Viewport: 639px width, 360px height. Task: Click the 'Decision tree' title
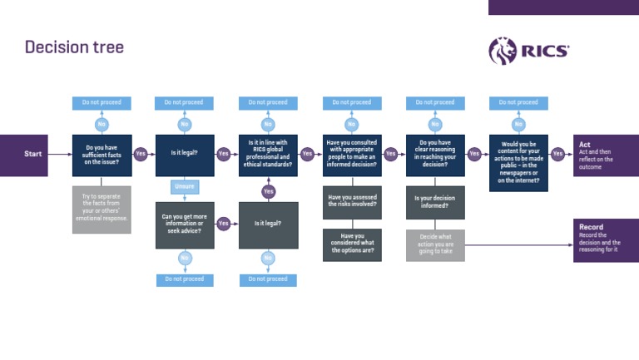click(74, 47)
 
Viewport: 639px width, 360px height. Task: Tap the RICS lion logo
click(503, 51)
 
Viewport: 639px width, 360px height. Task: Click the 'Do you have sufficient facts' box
click(102, 155)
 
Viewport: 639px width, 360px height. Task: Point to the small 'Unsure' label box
click(185, 187)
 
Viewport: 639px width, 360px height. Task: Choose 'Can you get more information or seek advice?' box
click(185, 224)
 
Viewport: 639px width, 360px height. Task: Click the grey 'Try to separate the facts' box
click(102, 210)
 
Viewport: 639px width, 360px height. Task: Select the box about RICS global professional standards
click(268, 155)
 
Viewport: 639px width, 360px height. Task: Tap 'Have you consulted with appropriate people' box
click(352, 155)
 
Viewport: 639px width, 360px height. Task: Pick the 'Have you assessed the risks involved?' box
click(352, 202)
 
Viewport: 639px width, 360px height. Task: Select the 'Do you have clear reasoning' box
click(435, 155)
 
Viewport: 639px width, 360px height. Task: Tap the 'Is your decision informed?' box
click(435, 202)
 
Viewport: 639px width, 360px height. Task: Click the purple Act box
click(606, 155)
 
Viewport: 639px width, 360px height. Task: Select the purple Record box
click(606, 240)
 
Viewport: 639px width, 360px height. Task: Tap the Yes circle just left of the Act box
click(557, 154)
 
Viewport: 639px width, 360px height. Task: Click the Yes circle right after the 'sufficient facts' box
click(141, 154)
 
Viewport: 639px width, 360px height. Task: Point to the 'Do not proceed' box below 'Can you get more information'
click(185, 279)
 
